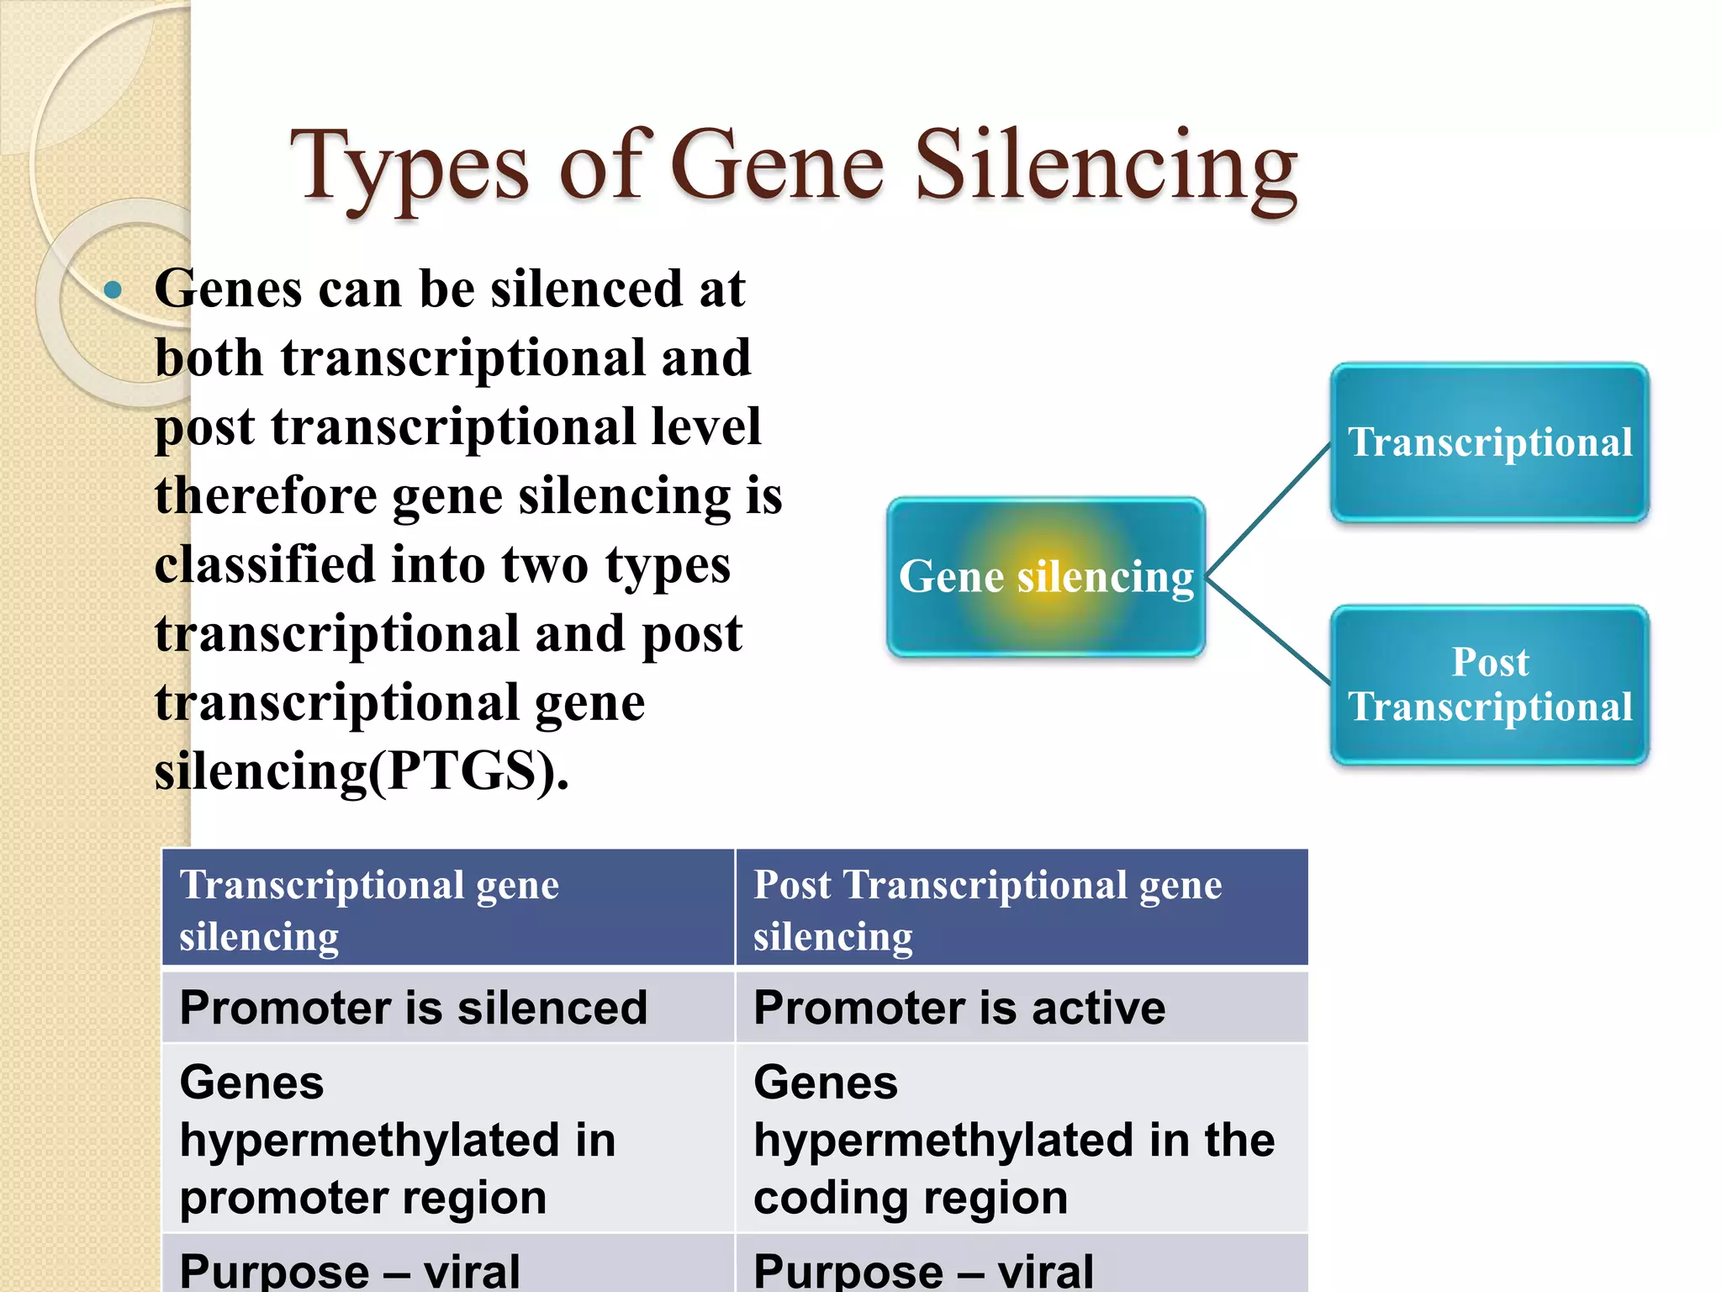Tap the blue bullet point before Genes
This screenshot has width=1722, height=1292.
tap(113, 291)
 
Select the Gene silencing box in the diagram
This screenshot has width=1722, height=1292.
tap(1046, 577)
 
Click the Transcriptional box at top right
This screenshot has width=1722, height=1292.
tap(1489, 442)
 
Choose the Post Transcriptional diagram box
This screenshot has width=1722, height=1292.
tap(1489, 685)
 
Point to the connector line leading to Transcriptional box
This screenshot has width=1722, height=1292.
tap(1268, 511)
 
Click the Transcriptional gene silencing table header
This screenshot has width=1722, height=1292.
tap(447, 908)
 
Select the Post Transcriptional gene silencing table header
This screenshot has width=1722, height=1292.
tap(1021, 908)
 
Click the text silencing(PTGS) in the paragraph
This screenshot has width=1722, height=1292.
tap(362, 770)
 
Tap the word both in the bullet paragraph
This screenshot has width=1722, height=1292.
tap(209, 358)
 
